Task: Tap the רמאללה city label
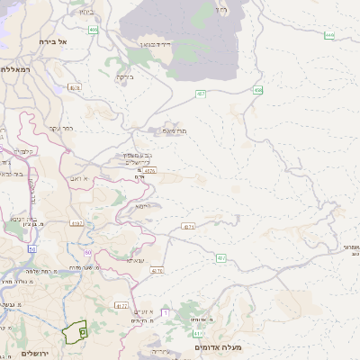coord(15,69)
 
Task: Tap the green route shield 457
coord(201,93)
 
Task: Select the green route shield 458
coord(259,90)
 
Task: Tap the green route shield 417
coord(196,334)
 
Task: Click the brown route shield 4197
coord(76,222)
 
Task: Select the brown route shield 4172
coord(121,306)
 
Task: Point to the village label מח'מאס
coord(175,131)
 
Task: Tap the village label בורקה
coord(124,77)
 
